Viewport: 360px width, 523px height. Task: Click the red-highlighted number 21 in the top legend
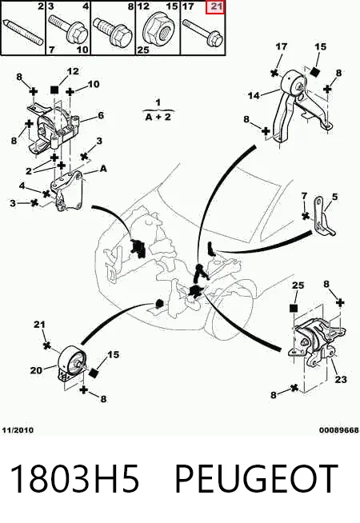tap(216, 7)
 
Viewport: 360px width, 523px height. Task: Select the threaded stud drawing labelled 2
tap(23, 32)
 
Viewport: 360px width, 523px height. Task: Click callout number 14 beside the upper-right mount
tap(254, 96)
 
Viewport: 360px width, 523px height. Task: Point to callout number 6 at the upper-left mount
tap(101, 115)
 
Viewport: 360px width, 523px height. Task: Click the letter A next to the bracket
tap(103, 169)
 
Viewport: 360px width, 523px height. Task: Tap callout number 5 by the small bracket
tap(334, 197)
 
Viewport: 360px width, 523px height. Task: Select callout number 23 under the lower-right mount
tap(341, 379)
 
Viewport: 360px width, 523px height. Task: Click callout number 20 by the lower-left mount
tap(36, 370)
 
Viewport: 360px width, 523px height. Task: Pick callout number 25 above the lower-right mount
tap(298, 285)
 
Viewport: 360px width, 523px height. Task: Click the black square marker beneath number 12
tap(54, 90)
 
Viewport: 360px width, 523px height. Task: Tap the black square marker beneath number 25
tap(294, 308)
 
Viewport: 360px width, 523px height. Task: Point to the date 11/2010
tap(18, 430)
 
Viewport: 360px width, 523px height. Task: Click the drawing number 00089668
tap(339, 430)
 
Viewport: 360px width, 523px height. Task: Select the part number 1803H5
tap(74, 478)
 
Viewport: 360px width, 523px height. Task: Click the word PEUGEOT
tap(255, 478)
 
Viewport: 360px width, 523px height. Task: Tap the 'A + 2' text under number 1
tap(158, 117)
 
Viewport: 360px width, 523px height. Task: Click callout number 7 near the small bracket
tap(304, 196)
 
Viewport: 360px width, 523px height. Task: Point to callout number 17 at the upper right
tap(282, 46)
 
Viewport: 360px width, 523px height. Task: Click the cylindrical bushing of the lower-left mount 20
tap(70, 361)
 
